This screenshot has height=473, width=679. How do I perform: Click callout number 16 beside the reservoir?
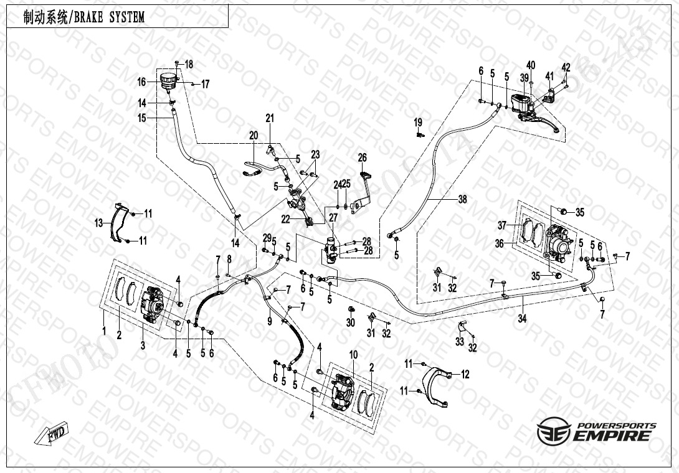[x=142, y=82]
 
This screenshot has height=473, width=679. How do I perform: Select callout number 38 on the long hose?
[x=462, y=200]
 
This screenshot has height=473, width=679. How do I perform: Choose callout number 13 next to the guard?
[x=98, y=223]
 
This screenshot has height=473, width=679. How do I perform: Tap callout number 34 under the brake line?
[x=522, y=319]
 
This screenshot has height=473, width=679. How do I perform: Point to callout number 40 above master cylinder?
[x=531, y=65]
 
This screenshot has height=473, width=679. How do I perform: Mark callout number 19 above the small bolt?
[x=418, y=121]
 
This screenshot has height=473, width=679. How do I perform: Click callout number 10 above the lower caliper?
[x=353, y=354]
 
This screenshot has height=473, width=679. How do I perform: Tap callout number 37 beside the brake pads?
[x=501, y=225]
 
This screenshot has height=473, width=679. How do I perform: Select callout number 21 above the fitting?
[x=270, y=118]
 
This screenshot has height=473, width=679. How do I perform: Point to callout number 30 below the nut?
[x=350, y=322]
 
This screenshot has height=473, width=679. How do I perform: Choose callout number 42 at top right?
[x=566, y=67]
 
